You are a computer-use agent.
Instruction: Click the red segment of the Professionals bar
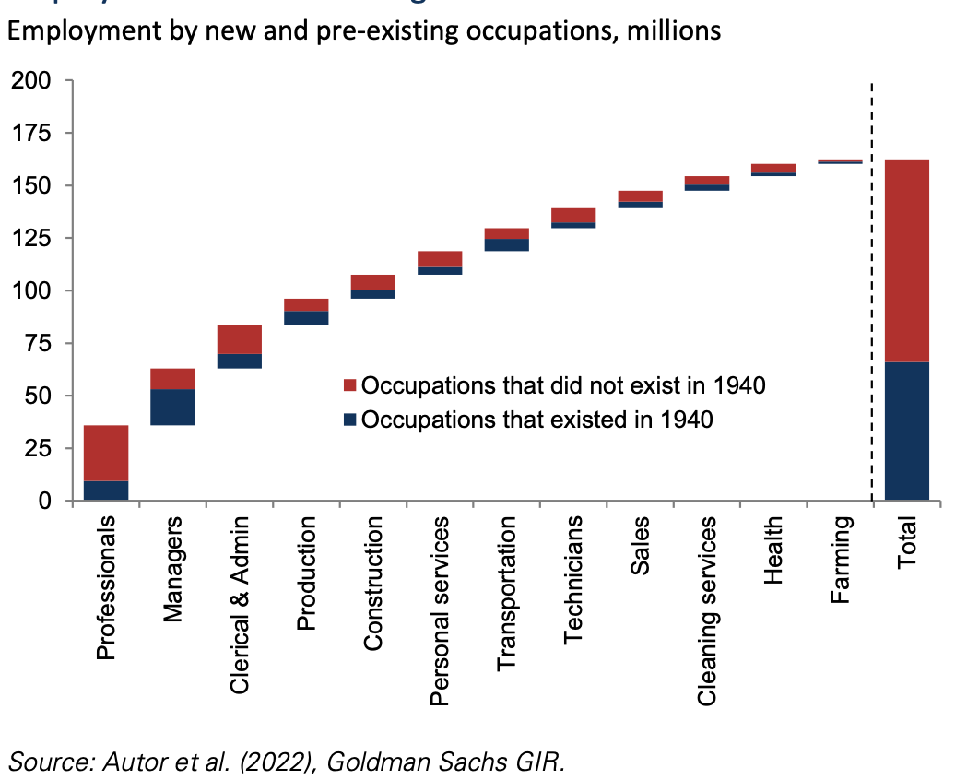(105, 453)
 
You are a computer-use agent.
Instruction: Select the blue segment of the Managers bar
(172, 407)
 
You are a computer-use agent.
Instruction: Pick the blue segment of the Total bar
(906, 431)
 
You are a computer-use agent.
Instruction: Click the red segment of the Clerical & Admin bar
(239, 339)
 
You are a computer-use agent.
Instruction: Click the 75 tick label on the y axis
(37, 344)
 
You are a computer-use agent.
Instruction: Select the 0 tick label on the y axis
(44, 502)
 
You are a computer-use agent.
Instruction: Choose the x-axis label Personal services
(440, 611)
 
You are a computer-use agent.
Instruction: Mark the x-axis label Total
(907, 545)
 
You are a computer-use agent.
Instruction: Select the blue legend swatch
(349, 420)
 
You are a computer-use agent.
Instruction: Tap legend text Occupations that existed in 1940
(537, 420)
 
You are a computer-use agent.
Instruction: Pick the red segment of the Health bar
(773, 168)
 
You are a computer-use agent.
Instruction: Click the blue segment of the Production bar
(305, 318)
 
